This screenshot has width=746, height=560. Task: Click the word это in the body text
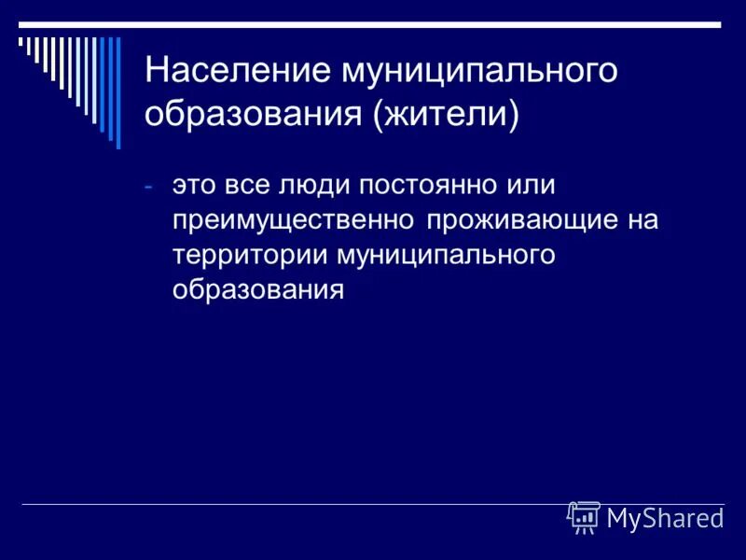tap(194, 185)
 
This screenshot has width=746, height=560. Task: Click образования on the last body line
tap(258, 290)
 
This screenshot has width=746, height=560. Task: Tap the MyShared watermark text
tap(664, 518)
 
